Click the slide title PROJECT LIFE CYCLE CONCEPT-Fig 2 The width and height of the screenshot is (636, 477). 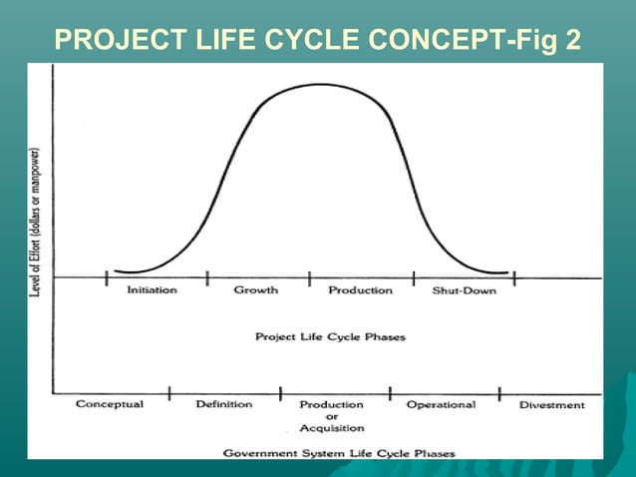[318, 40]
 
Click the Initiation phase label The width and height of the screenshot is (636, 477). [153, 290]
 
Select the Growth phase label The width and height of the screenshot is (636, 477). [256, 290]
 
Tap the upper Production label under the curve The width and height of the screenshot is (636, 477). [360, 290]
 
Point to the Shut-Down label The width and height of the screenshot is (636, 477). [464, 290]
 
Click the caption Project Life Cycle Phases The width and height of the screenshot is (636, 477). [330, 337]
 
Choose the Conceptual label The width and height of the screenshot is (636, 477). [110, 405]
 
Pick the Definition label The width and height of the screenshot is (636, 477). [223, 405]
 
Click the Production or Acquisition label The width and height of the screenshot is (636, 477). [331, 416]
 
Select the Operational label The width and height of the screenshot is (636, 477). [441, 405]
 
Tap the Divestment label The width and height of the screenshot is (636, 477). [552, 406]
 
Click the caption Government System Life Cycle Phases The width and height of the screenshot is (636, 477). [339, 453]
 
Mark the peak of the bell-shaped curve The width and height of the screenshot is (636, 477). [321, 85]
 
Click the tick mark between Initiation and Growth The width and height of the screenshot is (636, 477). [206, 277]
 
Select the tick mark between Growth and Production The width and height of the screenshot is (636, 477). [309, 277]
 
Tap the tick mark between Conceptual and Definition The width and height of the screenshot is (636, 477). [169, 392]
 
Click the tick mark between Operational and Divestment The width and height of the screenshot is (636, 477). [499, 392]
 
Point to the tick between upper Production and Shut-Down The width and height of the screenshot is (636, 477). [414, 277]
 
